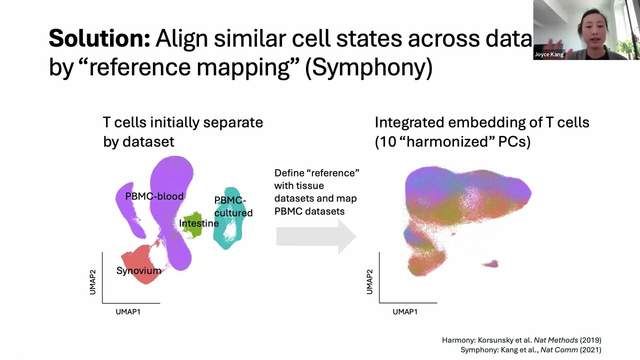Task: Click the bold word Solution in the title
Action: click(x=99, y=38)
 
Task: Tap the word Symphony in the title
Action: click(x=368, y=67)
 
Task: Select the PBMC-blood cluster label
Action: click(x=154, y=196)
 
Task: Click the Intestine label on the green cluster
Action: click(x=198, y=223)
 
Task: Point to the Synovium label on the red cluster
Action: click(x=138, y=271)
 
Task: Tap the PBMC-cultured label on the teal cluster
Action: click(x=233, y=206)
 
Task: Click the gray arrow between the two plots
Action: click(x=315, y=236)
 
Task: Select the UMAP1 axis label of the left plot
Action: click(x=128, y=312)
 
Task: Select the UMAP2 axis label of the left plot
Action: click(x=92, y=282)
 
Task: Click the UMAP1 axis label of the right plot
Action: click(x=405, y=312)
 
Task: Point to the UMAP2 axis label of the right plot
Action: click(x=369, y=282)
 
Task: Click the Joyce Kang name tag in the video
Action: click(x=549, y=54)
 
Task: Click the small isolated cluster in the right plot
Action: click(x=491, y=263)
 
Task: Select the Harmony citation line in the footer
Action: click(x=521, y=340)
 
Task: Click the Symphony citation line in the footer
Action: click(x=530, y=350)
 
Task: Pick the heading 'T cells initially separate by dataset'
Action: click(x=182, y=132)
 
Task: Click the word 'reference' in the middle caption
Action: click(x=336, y=173)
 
